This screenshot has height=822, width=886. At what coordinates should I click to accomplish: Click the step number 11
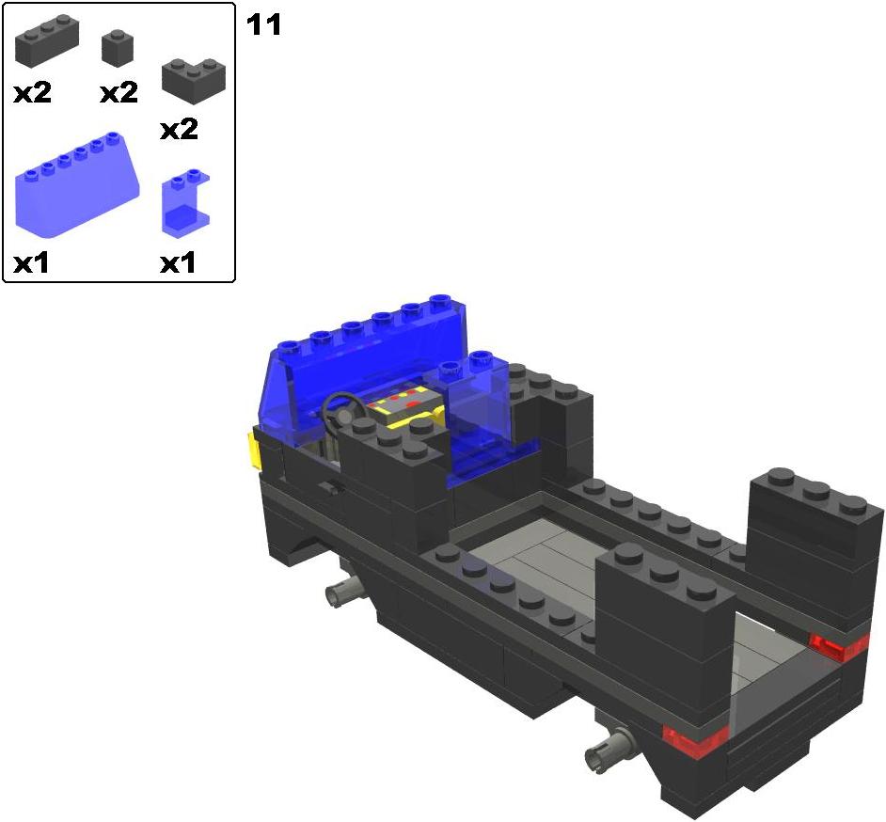(x=263, y=25)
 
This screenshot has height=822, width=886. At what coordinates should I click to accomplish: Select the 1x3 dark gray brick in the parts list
(x=47, y=40)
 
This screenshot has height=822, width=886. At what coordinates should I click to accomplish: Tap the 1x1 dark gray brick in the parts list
(x=119, y=48)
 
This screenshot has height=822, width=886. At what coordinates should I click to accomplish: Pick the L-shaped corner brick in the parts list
(x=194, y=81)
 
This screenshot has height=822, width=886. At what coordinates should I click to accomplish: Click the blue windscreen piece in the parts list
(x=77, y=183)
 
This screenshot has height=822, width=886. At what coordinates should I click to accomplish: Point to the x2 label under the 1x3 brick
(x=32, y=93)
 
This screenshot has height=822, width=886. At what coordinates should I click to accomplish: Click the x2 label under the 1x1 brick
(x=119, y=93)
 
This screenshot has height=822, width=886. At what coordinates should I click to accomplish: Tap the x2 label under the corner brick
(x=179, y=130)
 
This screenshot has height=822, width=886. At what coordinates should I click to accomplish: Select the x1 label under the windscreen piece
(x=31, y=262)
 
